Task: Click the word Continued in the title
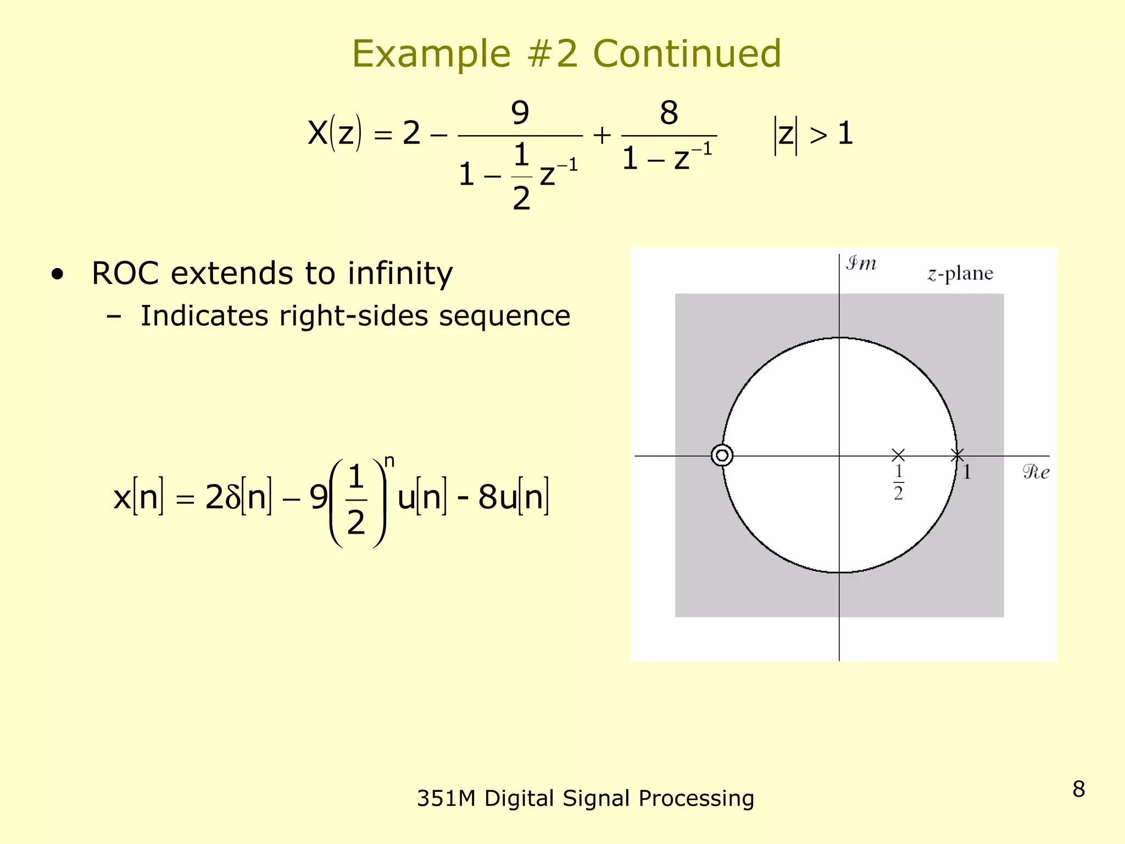coord(687,54)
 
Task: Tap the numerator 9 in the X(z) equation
coord(520,113)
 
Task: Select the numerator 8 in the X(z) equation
coord(669,113)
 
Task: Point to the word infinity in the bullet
coord(400,274)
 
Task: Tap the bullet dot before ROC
coord(58,274)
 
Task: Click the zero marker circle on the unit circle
coord(722,456)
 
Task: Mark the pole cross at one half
coord(898,455)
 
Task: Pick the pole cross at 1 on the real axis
coord(957,455)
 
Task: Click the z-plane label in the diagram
coord(960,273)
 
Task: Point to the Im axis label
coord(861,263)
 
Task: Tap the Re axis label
coord(1036,472)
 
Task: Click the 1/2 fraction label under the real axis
coord(898,482)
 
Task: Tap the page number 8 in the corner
coord(1078,789)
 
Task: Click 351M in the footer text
coord(445,798)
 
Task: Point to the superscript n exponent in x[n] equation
coord(389,461)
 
